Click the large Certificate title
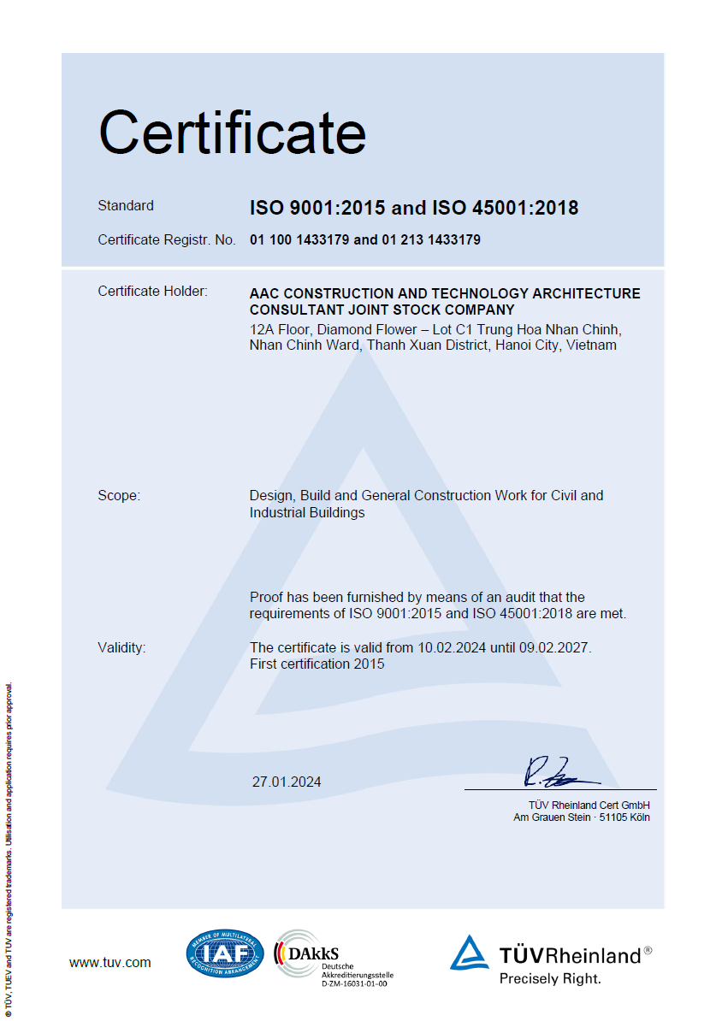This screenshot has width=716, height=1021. tap(233, 133)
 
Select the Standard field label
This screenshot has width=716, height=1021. tap(126, 205)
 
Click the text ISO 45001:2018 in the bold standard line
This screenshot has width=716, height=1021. tap(505, 208)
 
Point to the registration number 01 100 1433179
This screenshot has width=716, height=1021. tap(299, 240)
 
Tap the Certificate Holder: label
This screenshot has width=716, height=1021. tap(152, 291)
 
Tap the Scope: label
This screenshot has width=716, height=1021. tap(119, 495)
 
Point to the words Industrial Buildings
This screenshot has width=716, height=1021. tap(307, 513)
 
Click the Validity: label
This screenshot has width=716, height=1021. tap(121, 647)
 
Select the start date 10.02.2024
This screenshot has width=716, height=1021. tap(452, 647)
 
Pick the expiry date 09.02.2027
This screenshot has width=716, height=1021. tap(553, 647)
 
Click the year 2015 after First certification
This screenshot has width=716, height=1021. tap(370, 664)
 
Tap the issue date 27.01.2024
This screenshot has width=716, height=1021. tap(287, 782)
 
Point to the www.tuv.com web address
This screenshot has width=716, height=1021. tap(109, 962)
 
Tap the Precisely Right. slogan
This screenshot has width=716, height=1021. tap(550, 979)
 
